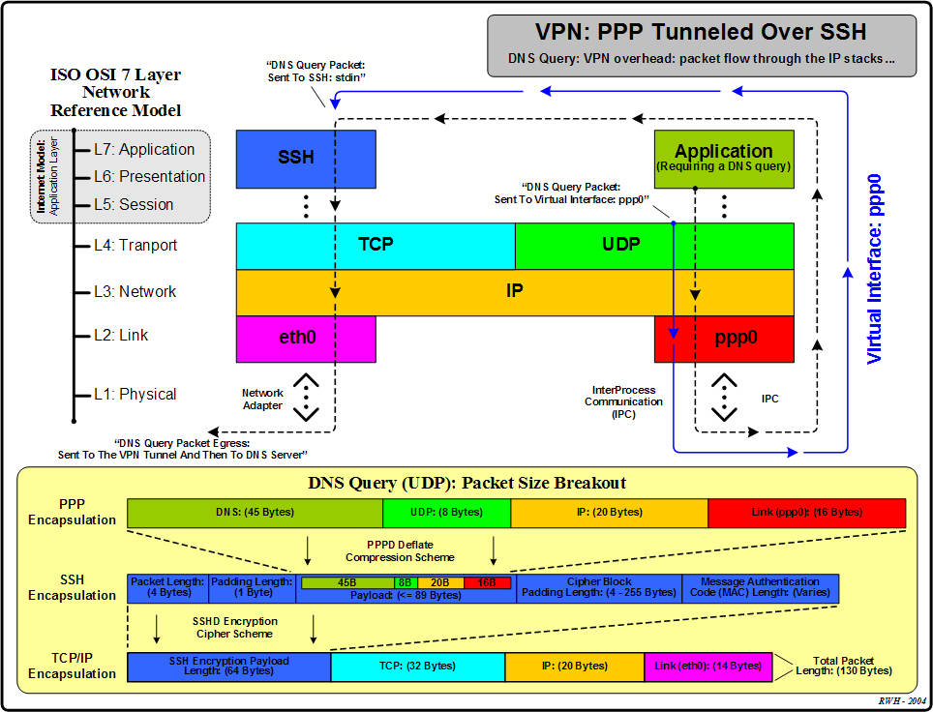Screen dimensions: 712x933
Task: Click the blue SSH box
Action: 295,158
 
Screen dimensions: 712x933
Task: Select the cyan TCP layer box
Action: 376,245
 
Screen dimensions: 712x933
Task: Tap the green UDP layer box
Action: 620,245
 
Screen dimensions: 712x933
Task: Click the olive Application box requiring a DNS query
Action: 724,158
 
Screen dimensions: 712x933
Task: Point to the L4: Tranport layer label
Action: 135,246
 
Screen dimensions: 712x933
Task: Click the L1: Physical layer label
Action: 135,395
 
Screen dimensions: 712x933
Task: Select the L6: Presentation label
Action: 149,177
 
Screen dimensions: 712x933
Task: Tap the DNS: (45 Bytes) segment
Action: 255,512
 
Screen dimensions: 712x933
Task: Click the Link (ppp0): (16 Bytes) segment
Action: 806,512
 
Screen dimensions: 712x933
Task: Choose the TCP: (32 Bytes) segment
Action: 417,667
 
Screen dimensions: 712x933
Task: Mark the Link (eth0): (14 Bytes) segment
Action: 707,667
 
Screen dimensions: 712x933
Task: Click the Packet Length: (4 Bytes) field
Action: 167,587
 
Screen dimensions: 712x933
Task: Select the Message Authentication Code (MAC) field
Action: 760,587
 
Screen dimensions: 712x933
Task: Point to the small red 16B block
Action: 487,582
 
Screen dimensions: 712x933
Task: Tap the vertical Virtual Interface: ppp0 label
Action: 875,270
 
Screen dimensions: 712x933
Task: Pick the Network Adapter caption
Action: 262,400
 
